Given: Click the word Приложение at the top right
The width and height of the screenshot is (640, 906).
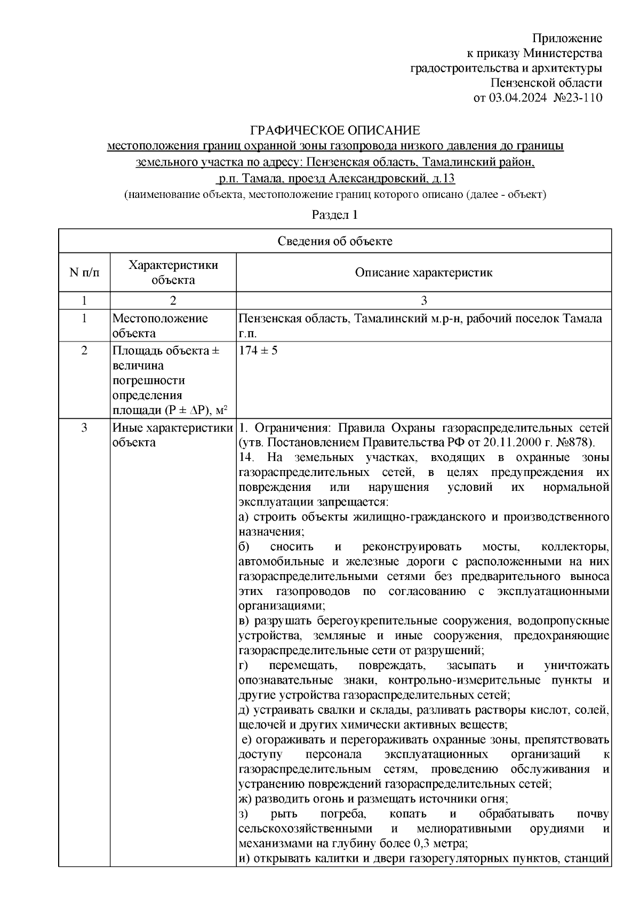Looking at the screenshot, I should coord(567,38).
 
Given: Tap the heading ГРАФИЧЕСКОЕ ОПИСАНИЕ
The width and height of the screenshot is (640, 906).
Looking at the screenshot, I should coord(335,131).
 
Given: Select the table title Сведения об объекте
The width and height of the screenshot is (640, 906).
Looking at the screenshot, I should coord(335,241).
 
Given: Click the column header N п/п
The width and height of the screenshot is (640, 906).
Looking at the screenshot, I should coord(84,273).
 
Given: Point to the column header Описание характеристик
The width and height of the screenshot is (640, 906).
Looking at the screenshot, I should coord(424,273).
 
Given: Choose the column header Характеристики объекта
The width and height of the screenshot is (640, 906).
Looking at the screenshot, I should coord(173,273).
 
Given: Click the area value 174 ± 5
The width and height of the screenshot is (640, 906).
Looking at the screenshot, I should coord(258,351).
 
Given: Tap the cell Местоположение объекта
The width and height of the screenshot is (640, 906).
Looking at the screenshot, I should coord(160,326).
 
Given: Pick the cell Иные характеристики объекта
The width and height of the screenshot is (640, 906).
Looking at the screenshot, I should coord(172,435).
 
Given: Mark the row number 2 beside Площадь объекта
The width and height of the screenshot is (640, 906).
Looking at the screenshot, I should coord(84,351).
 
